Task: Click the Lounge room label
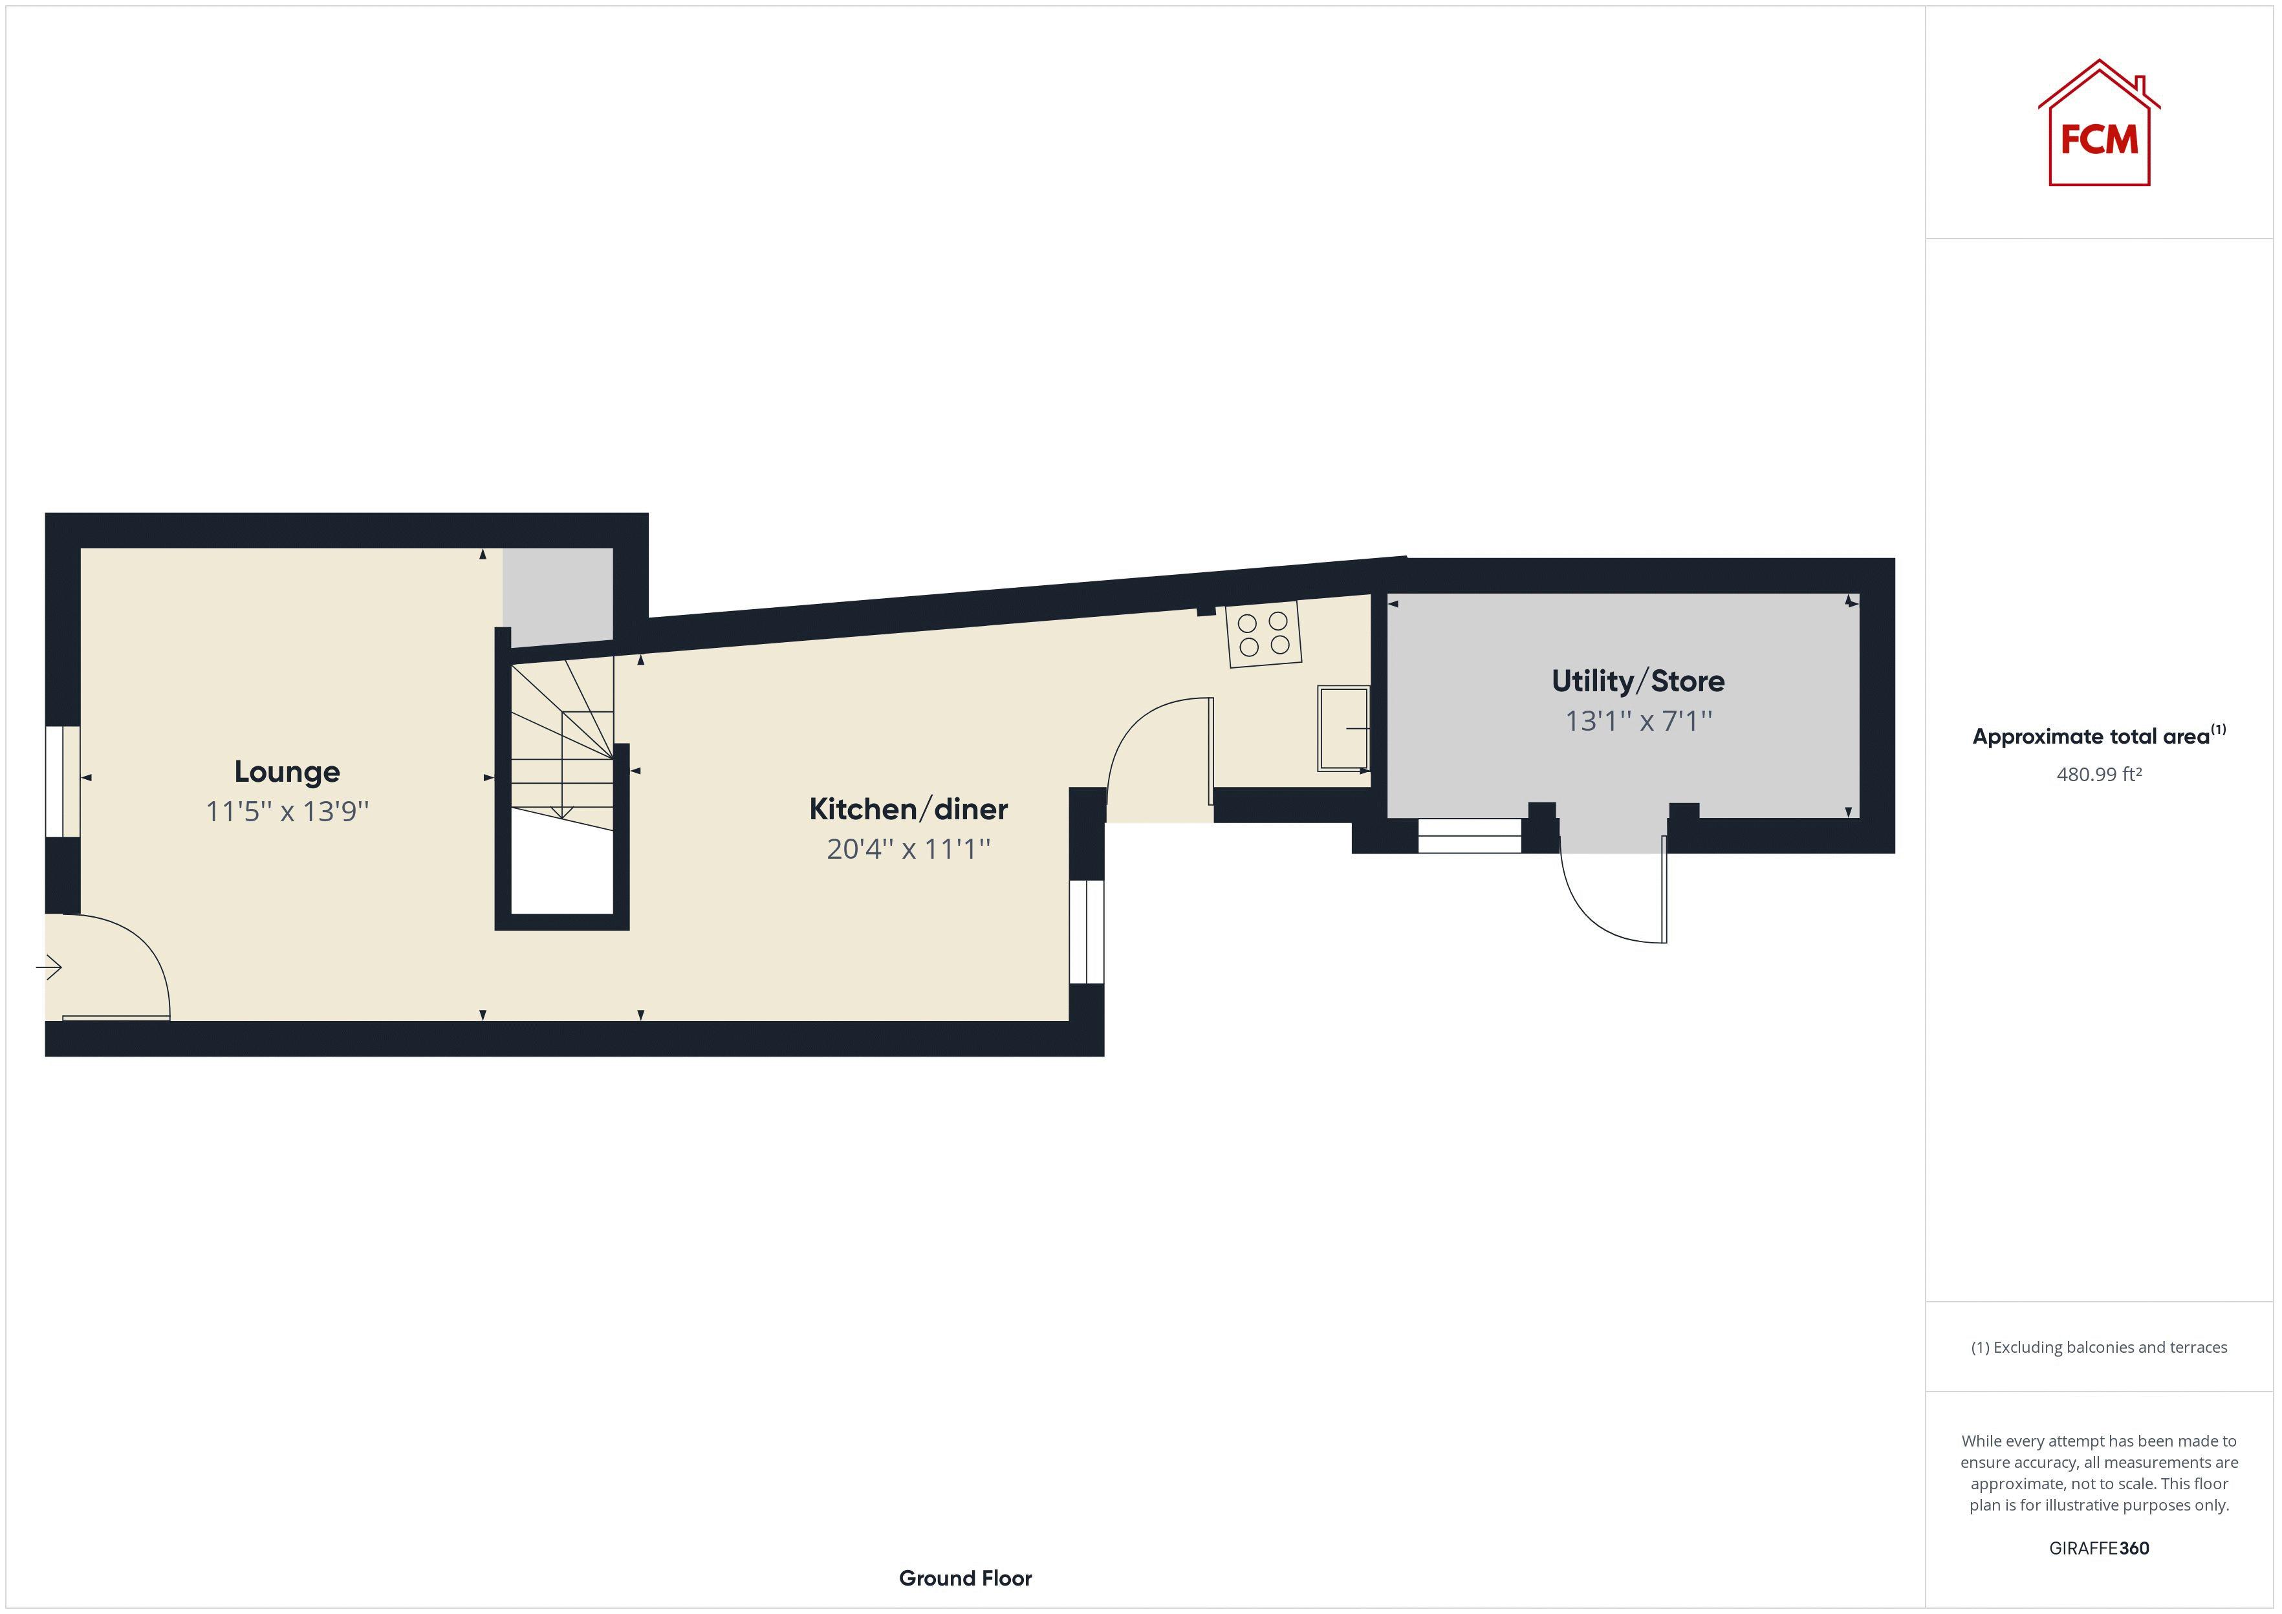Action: tap(287, 771)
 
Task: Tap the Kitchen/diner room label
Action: tap(907, 809)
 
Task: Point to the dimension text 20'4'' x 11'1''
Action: tap(907, 849)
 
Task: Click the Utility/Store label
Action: tap(1637, 681)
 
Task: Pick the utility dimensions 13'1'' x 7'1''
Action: tap(1637, 720)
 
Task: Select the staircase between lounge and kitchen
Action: tap(563, 740)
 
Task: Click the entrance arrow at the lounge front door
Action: tap(50, 966)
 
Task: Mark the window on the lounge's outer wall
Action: tap(63, 781)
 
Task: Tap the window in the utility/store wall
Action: tap(1469, 836)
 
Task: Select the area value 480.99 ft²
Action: tap(2098, 774)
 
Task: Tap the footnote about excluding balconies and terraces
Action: tap(2098, 1348)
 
